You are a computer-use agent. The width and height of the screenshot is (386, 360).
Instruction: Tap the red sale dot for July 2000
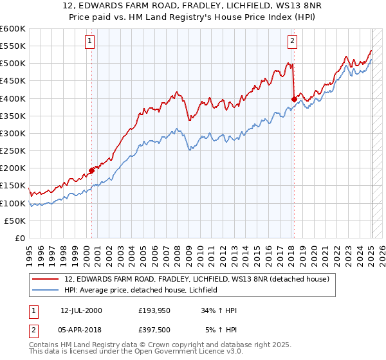tap(91, 170)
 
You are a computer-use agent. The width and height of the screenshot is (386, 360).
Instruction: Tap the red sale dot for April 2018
tap(294, 99)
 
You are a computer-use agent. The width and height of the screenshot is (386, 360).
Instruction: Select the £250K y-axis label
tap(13, 151)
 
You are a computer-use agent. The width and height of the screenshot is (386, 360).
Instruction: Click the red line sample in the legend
tap(45, 279)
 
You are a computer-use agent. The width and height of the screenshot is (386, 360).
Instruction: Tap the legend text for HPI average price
tap(141, 290)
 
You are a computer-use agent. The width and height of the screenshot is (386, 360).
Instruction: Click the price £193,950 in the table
tap(155, 310)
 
